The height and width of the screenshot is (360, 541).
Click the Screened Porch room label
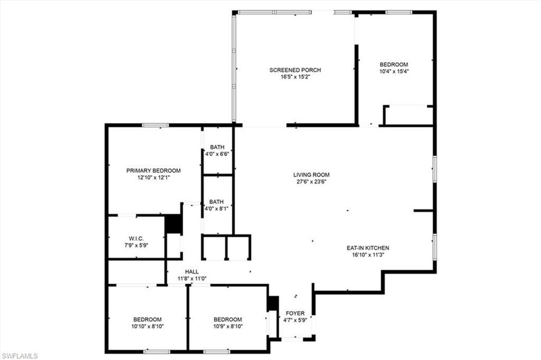(x=295, y=70)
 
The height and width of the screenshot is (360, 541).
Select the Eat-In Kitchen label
(x=368, y=248)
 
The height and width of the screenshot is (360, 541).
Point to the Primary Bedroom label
(x=153, y=171)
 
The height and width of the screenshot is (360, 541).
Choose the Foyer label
(x=295, y=314)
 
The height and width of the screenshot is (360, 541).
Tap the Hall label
(x=191, y=272)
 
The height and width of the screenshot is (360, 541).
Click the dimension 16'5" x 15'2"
(x=295, y=77)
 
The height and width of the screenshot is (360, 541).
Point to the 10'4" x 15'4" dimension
(x=394, y=71)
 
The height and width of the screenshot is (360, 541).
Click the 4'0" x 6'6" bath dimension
(x=217, y=154)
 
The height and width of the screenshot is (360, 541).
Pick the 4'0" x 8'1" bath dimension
(x=217, y=208)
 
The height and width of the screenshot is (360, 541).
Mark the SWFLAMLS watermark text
(x=19, y=355)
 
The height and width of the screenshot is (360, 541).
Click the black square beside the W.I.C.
(x=173, y=224)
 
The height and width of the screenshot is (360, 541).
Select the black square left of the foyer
(x=272, y=303)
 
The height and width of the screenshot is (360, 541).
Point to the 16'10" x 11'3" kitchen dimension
(x=368, y=255)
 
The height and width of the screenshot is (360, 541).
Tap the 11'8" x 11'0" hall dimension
(x=191, y=279)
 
